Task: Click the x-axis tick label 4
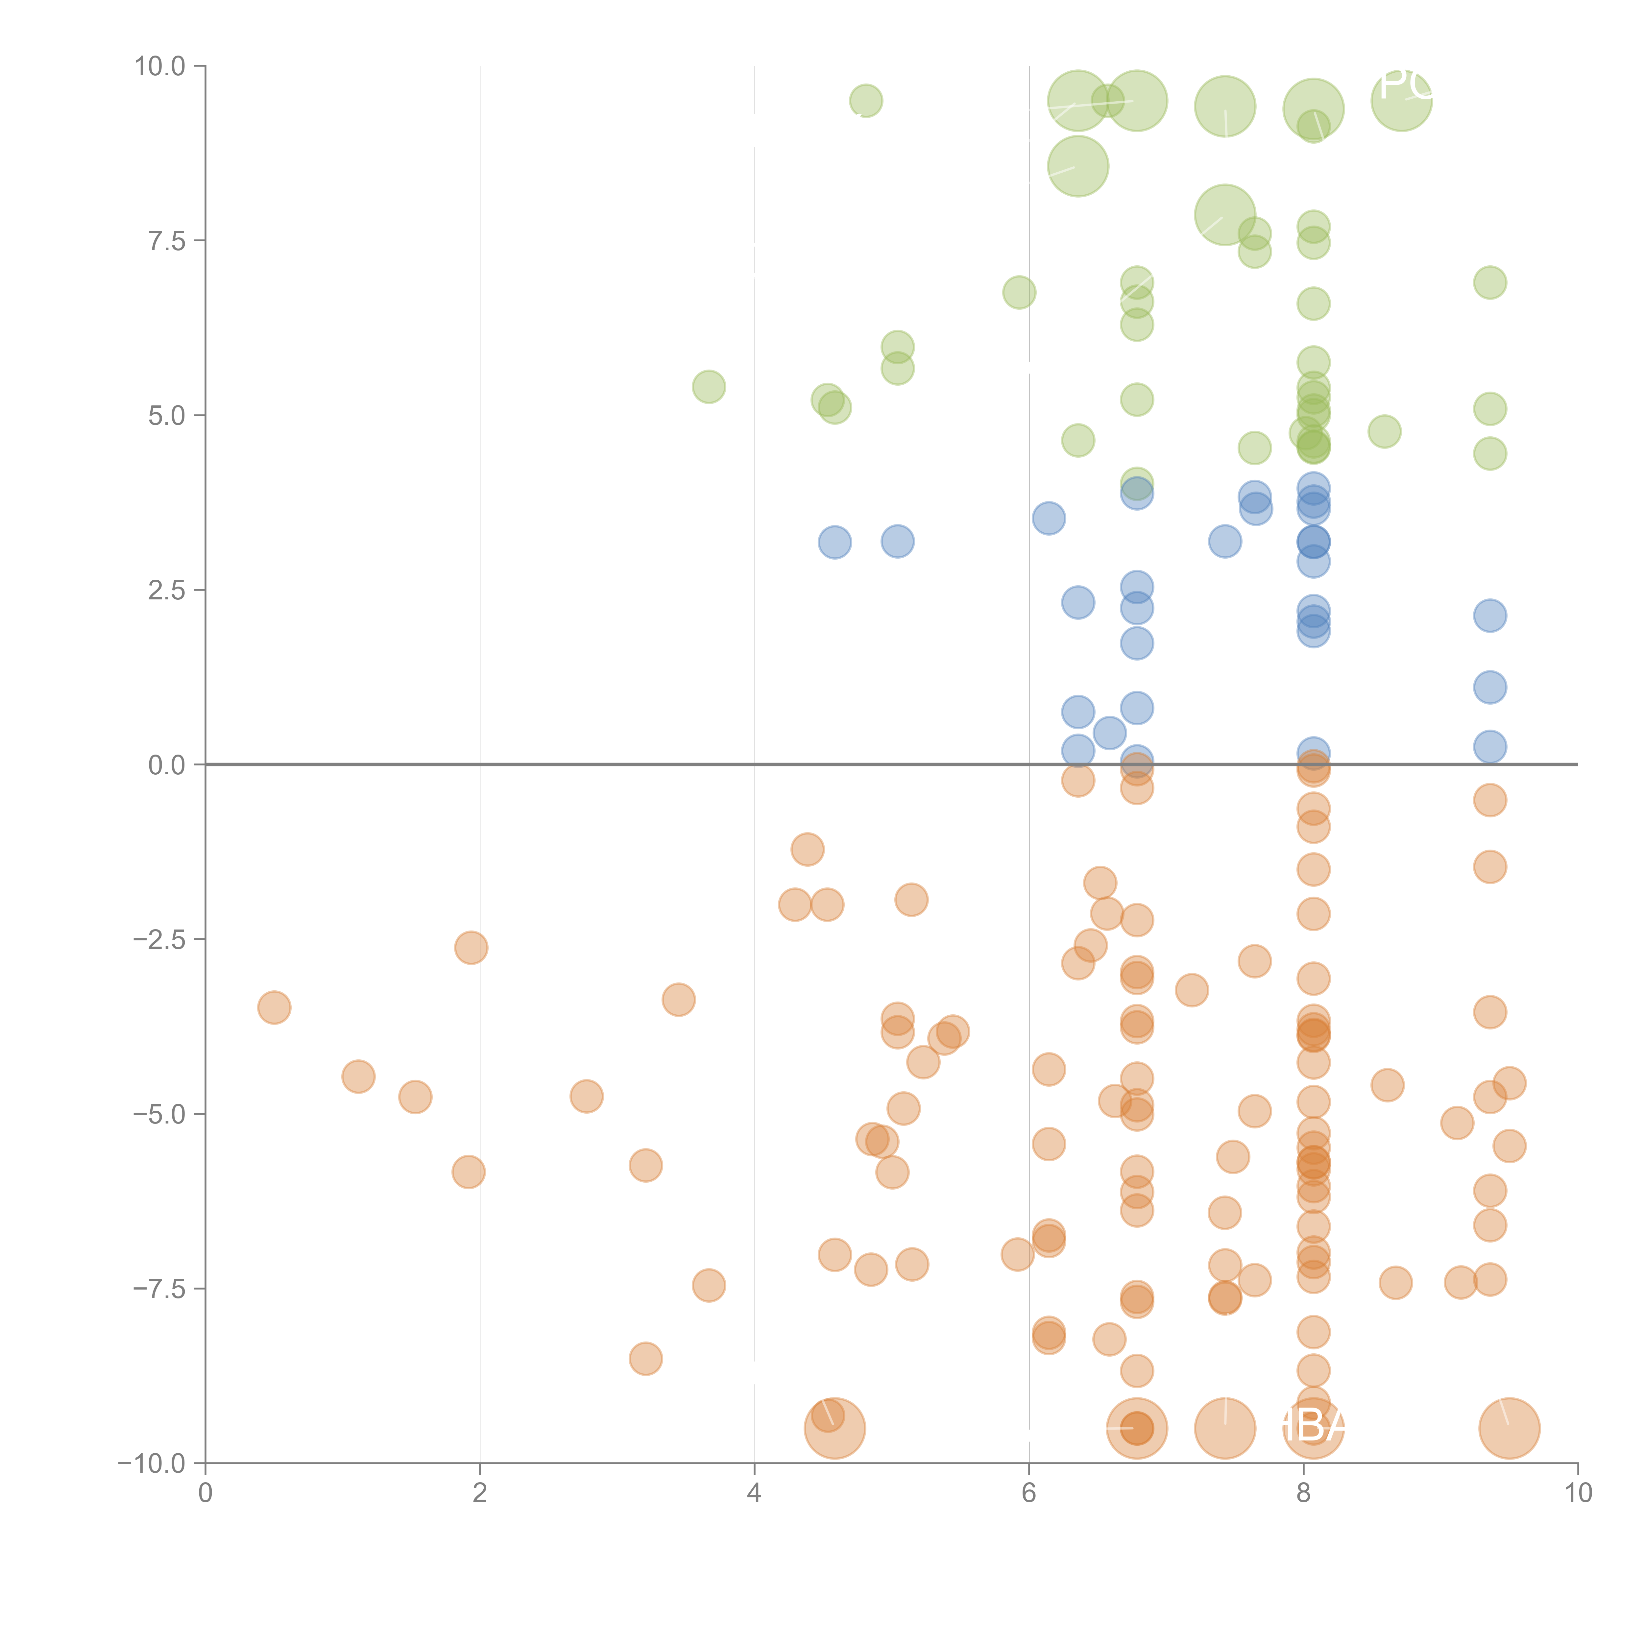tap(754, 1493)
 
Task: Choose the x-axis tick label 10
tap(1578, 1493)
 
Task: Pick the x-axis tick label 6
tap(1029, 1493)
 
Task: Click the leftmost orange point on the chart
tap(274, 1007)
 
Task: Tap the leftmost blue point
tap(835, 542)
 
